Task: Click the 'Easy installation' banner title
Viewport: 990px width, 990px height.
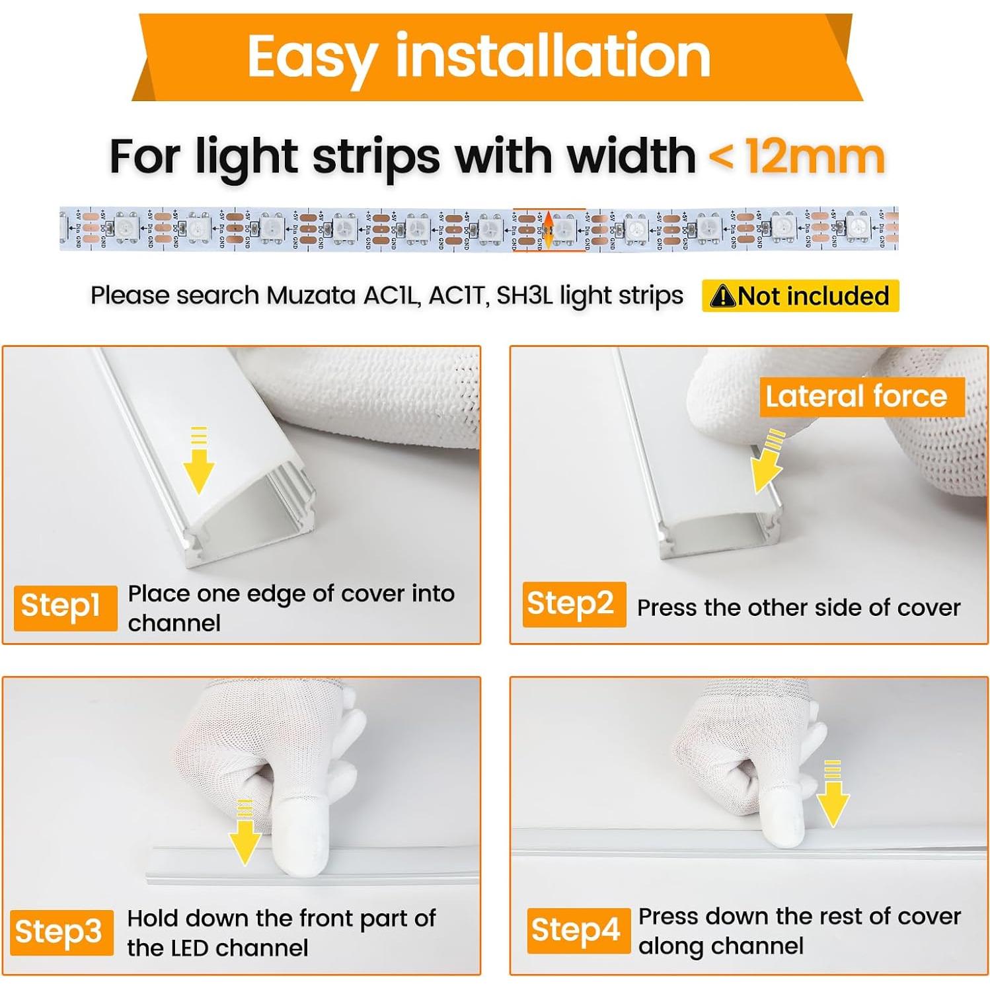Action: (x=478, y=57)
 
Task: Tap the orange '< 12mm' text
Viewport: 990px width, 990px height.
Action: (x=796, y=157)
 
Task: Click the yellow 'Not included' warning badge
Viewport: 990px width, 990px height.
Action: (x=800, y=296)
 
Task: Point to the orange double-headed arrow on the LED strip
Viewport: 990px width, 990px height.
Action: (x=549, y=229)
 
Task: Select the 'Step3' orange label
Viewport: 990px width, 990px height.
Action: (x=61, y=932)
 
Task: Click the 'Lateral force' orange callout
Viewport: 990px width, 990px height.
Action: (x=857, y=397)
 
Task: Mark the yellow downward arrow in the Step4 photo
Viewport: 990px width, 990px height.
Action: (x=832, y=794)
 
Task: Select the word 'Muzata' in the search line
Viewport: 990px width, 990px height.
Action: (x=311, y=295)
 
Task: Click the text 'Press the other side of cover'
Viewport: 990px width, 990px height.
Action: (x=798, y=608)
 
